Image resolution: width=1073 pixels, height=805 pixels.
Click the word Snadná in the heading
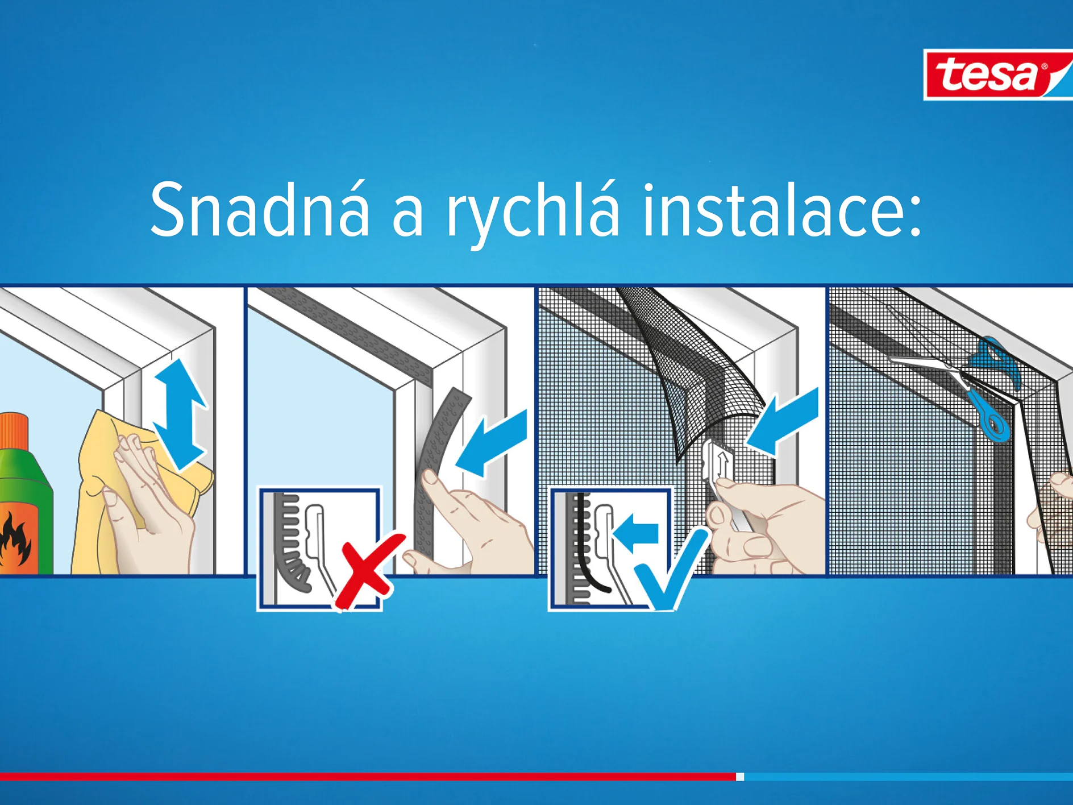tap(260, 209)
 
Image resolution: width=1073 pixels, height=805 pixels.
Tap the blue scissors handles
tap(992, 392)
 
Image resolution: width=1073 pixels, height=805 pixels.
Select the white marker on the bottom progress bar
tap(740, 777)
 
